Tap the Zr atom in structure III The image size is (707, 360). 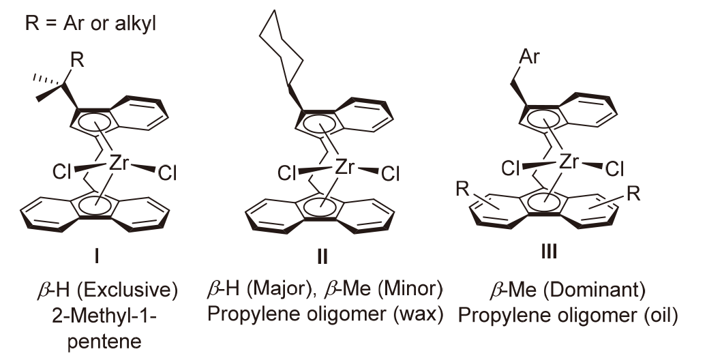571,161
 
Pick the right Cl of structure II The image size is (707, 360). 391,175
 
